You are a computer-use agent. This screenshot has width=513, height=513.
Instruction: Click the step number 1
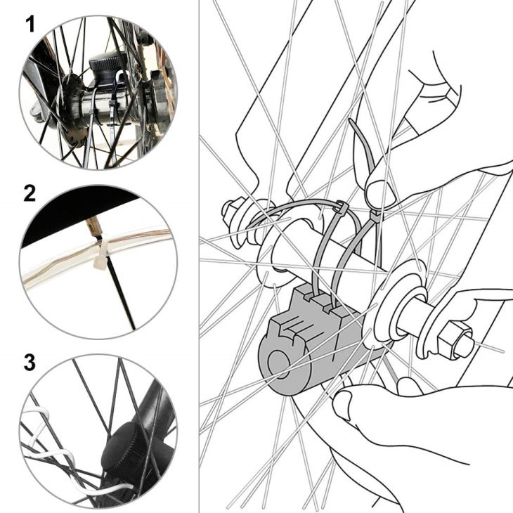[x=30, y=25]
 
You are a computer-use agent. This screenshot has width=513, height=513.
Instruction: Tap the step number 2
[x=30, y=193]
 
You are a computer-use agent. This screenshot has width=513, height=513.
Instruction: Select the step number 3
[x=30, y=363]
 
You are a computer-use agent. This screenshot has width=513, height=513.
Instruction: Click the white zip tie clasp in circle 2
[x=100, y=259]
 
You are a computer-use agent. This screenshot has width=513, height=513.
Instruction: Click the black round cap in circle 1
[x=107, y=67]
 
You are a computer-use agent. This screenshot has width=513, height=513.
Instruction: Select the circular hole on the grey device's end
[x=278, y=364]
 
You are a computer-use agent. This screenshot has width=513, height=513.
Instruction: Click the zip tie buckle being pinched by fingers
[x=375, y=216]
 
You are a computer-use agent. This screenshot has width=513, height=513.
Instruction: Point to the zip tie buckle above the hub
[x=341, y=207]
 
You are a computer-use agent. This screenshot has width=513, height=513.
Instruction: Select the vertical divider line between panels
[x=199, y=256]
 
